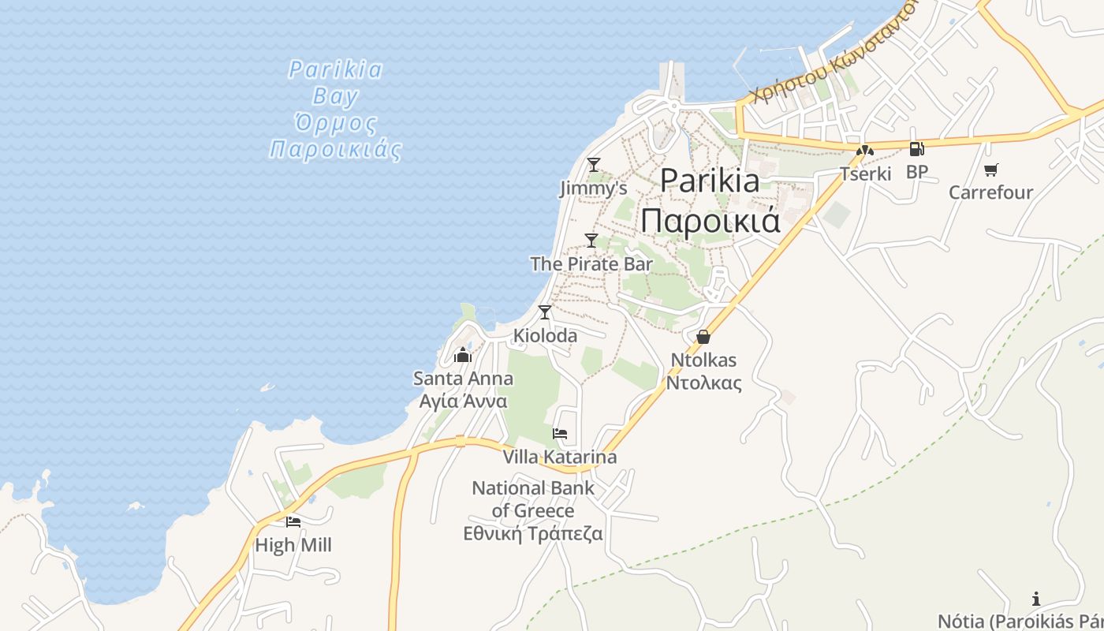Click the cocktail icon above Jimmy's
[594, 165]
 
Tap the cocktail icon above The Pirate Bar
[591, 241]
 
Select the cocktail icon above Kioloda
[545, 312]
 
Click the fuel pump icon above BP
[916, 148]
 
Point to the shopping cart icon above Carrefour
[991, 170]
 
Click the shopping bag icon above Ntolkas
[703, 337]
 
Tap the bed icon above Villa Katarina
[560, 434]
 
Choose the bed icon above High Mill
[293, 521]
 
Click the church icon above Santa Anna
[463, 356]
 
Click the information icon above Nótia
[1036, 599]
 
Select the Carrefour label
[990, 192]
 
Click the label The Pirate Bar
[591, 264]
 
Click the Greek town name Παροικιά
[711, 220]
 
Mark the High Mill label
[293, 545]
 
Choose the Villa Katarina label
[560, 457]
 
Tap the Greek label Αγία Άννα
[463, 401]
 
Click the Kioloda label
[545, 336]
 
